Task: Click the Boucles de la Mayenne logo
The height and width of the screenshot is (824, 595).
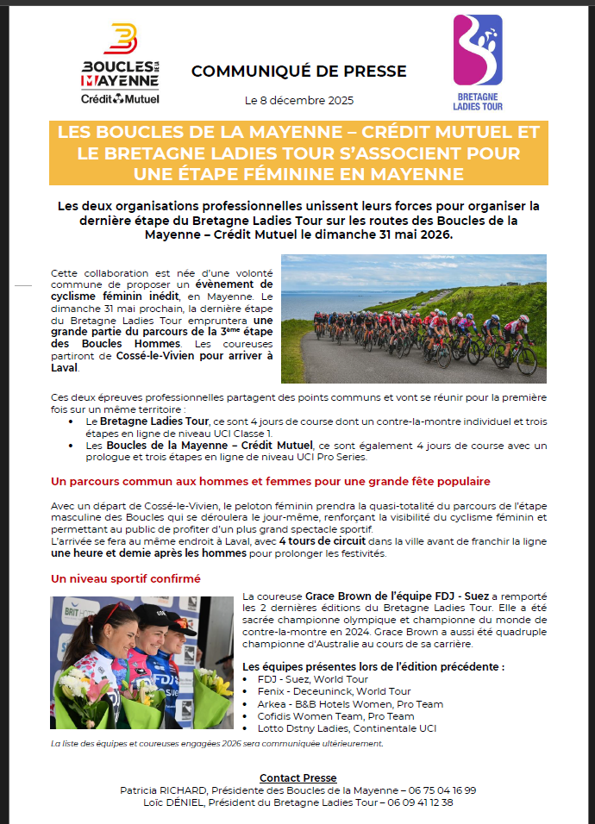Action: pyautogui.click(x=120, y=66)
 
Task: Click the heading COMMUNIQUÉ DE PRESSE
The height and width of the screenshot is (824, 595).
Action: pyautogui.click(x=298, y=72)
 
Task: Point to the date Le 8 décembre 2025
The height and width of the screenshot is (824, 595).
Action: pyautogui.click(x=298, y=101)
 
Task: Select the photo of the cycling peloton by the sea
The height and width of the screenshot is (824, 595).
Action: pyautogui.click(x=413, y=318)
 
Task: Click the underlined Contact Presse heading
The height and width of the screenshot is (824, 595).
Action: pyautogui.click(x=297, y=777)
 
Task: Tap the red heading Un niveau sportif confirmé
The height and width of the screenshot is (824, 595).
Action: pyautogui.click(x=126, y=578)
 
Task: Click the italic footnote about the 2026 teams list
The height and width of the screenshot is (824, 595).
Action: pyautogui.click(x=216, y=743)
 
